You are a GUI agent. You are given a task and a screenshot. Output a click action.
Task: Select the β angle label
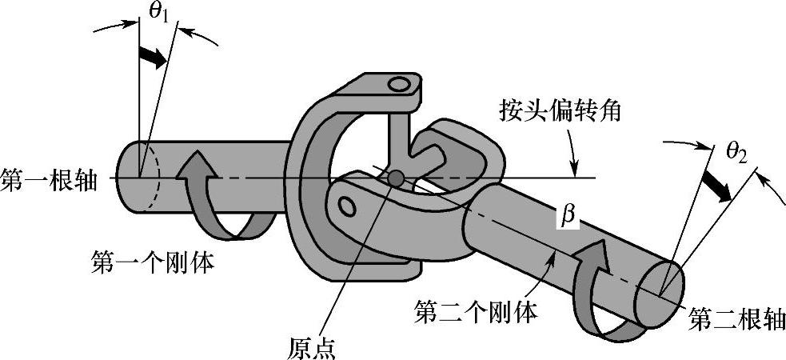coord(569,217)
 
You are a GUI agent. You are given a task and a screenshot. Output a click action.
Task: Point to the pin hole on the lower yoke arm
coord(347,206)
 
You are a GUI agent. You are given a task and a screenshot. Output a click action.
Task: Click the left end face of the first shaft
coord(134,177)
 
